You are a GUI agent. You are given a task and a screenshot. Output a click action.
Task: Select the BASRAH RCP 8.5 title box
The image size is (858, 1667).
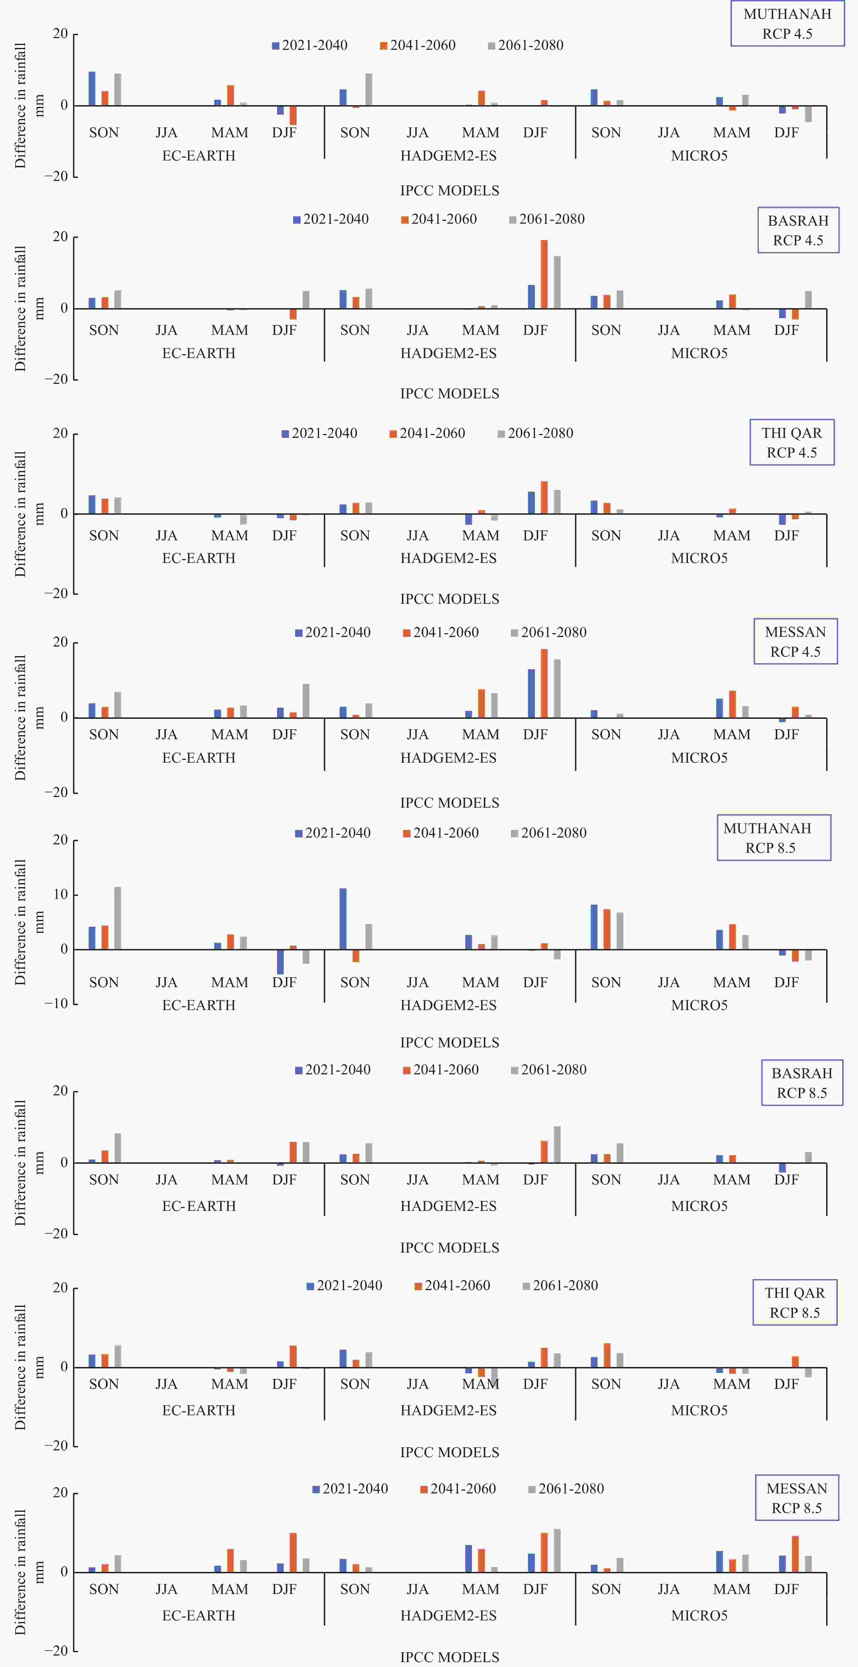[802, 1083]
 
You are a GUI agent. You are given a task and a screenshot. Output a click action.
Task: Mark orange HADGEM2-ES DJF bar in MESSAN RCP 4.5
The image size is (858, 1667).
[544, 683]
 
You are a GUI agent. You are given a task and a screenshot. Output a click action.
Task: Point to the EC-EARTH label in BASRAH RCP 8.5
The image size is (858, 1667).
[199, 1206]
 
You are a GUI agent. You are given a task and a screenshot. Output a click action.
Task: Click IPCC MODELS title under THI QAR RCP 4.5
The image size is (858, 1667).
[450, 599]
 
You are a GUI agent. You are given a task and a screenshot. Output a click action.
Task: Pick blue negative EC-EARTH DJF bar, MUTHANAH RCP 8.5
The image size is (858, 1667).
[280, 962]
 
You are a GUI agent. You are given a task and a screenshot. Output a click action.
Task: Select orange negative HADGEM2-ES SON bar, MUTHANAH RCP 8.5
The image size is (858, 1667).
[356, 956]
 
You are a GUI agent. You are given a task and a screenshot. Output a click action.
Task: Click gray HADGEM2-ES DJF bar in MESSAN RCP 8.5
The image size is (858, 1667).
[557, 1550]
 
